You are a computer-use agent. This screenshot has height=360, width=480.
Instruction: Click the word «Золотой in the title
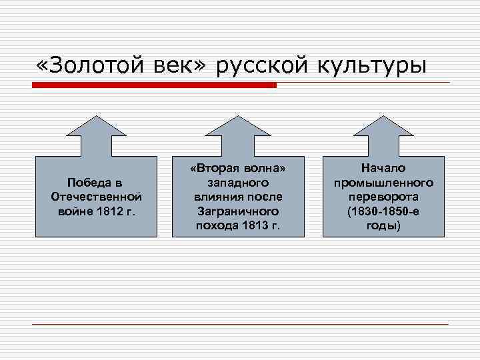[x=87, y=66]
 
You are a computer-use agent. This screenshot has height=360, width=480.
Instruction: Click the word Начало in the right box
[x=383, y=168]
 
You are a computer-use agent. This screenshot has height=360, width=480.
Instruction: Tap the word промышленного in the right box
[x=383, y=183]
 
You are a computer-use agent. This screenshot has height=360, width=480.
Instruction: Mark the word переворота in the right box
[x=383, y=197]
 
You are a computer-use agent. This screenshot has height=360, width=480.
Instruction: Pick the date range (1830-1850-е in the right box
[x=383, y=211]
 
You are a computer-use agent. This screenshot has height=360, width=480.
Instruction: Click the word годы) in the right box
[x=383, y=225]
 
